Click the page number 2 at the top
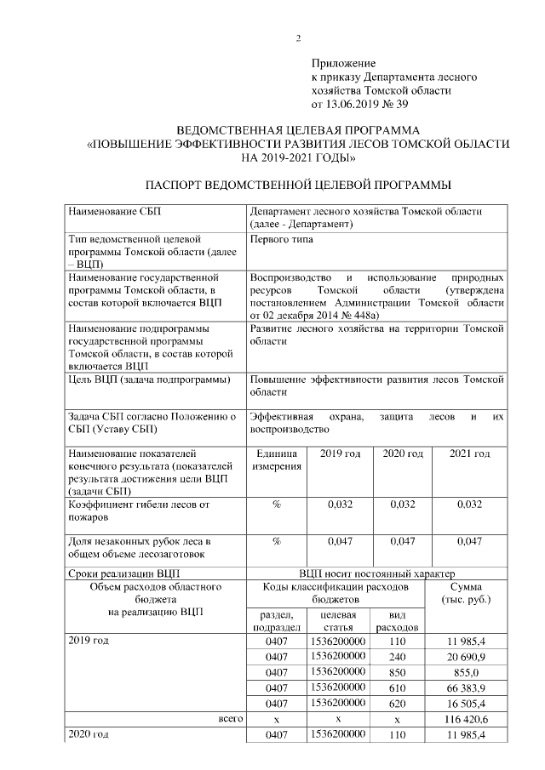299,37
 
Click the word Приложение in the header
344,63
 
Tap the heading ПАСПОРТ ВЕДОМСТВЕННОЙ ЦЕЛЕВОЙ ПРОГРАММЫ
298,185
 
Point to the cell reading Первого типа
282,239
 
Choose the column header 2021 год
469,454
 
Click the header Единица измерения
277,460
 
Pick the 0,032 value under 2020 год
403,505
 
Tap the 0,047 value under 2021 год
469,540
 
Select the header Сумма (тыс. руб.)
468,594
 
